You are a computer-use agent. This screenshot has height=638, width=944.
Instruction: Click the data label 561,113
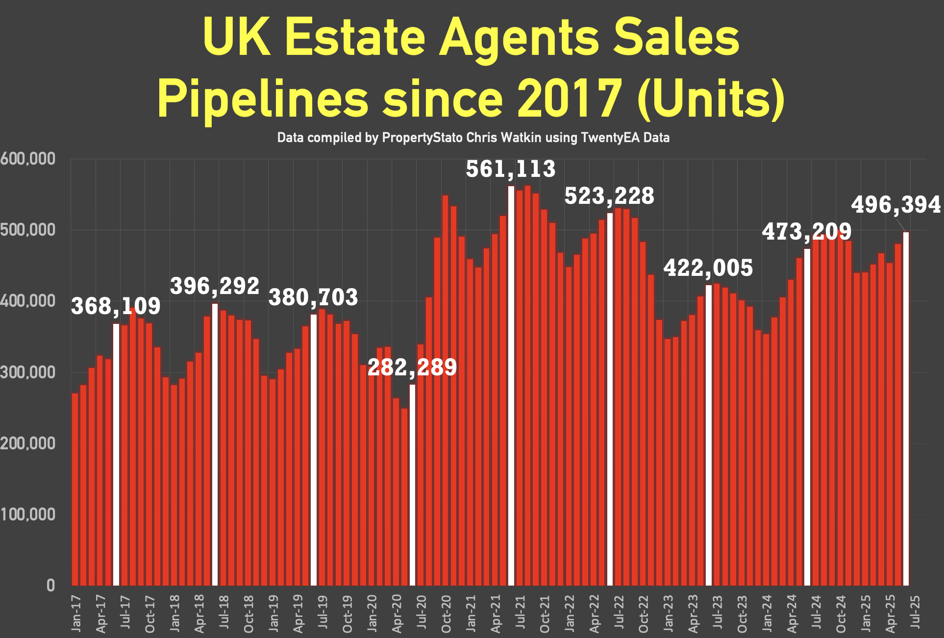pyautogui.click(x=510, y=170)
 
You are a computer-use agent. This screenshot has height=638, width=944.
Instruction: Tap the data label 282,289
pyautogui.click(x=412, y=368)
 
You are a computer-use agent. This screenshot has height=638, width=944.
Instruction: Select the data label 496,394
pyautogui.click(x=895, y=205)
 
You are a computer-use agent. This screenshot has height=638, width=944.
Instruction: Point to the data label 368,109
pyautogui.click(x=116, y=307)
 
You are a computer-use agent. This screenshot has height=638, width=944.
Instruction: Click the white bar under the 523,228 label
pyautogui.click(x=610, y=399)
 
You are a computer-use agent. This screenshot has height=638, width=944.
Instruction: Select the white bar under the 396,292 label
pyautogui.click(x=215, y=444)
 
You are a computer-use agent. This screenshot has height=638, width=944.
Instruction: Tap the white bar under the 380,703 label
pyautogui.click(x=314, y=449)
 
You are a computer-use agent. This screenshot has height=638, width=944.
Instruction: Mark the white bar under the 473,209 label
pyautogui.click(x=807, y=417)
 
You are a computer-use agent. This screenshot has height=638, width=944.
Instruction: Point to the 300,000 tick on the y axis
pyautogui.click(x=27, y=372)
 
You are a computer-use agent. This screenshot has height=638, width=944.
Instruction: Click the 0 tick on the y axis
pyautogui.click(x=50, y=585)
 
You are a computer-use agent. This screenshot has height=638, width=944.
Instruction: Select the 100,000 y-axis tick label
pyautogui.click(x=27, y=515)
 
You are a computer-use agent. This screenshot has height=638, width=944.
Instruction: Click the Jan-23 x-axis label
pyautogui.click(x=668, y=613)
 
